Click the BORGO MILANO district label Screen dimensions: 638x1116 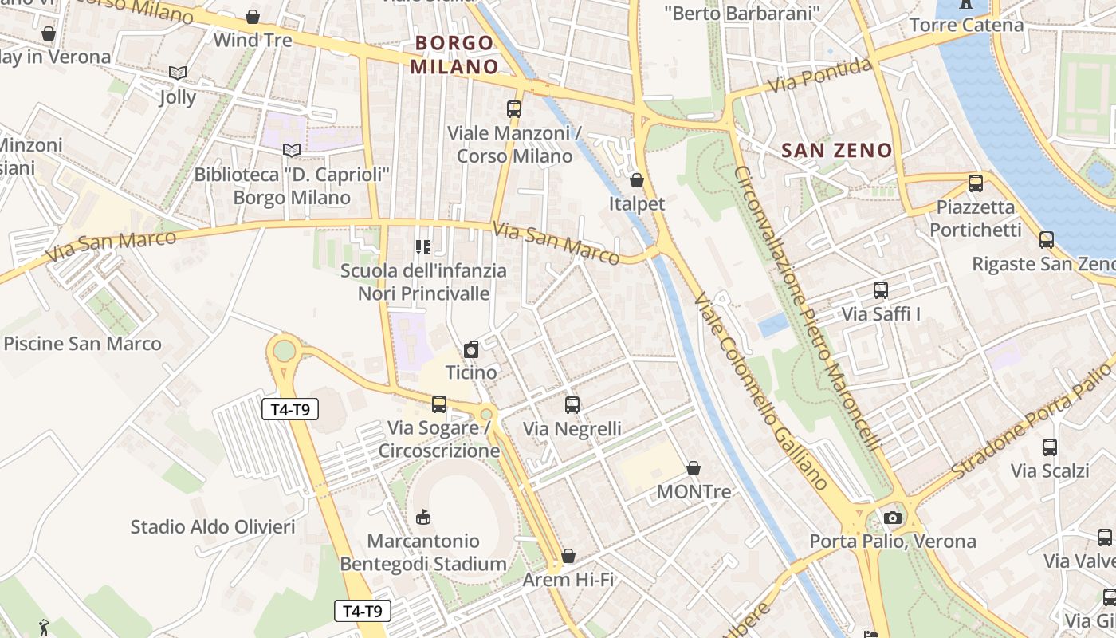[x=454, y=54]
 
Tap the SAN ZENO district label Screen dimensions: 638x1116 [x=836, y=150]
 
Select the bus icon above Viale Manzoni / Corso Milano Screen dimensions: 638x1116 [x=514, y=109]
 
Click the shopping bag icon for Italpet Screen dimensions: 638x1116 [x=636, y=180]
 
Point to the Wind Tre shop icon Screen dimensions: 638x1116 [x=253, y=17]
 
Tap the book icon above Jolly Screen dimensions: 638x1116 [x=177, y=73]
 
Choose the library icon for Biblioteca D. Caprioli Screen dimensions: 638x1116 [x=293, y=150]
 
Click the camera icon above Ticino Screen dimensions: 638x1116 [x=471, y=349]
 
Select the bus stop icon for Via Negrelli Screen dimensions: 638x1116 [x=572, y=405]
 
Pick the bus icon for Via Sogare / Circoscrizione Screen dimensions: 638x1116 [x=439, y=404]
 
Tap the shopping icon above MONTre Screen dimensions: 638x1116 [x=694, y=468]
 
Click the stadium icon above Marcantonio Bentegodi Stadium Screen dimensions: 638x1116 [x=423, y=518]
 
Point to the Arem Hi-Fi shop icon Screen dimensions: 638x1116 [x=568, y=556]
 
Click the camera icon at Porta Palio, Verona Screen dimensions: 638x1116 [x=893, y=518]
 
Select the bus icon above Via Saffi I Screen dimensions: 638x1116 [x=881, y=290]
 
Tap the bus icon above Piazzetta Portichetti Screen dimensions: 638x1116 [x=976, y=183]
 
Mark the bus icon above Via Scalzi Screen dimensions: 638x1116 [x=1050, y=447]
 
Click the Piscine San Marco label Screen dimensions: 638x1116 [x=83, y=344]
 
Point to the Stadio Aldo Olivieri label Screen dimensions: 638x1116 [x=213, y=526]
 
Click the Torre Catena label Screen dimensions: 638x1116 [x=966, y=25]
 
